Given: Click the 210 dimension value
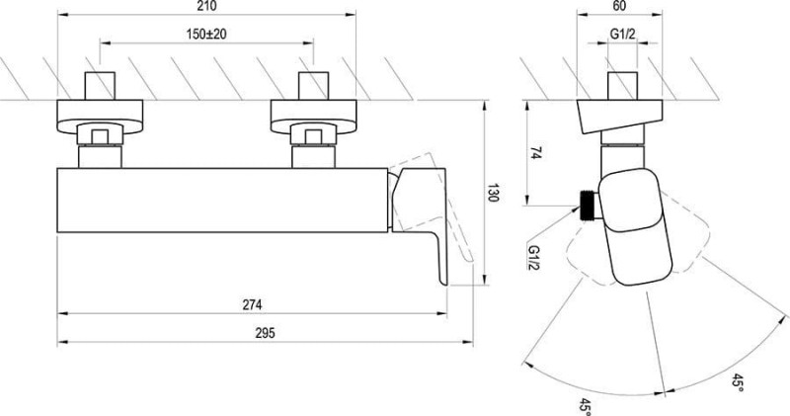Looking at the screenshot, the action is [206, 6].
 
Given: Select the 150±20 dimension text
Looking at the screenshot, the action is [206, 34].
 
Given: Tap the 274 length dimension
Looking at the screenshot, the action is [253, 304].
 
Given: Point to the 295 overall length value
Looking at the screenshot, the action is [265, 333].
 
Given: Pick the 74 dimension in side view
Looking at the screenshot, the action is [536, 153].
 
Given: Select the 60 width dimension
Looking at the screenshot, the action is [620, 6].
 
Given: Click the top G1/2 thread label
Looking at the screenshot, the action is [623, 34].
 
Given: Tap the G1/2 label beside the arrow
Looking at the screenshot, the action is [533, 257].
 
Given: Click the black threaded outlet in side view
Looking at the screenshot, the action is [588, 206].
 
